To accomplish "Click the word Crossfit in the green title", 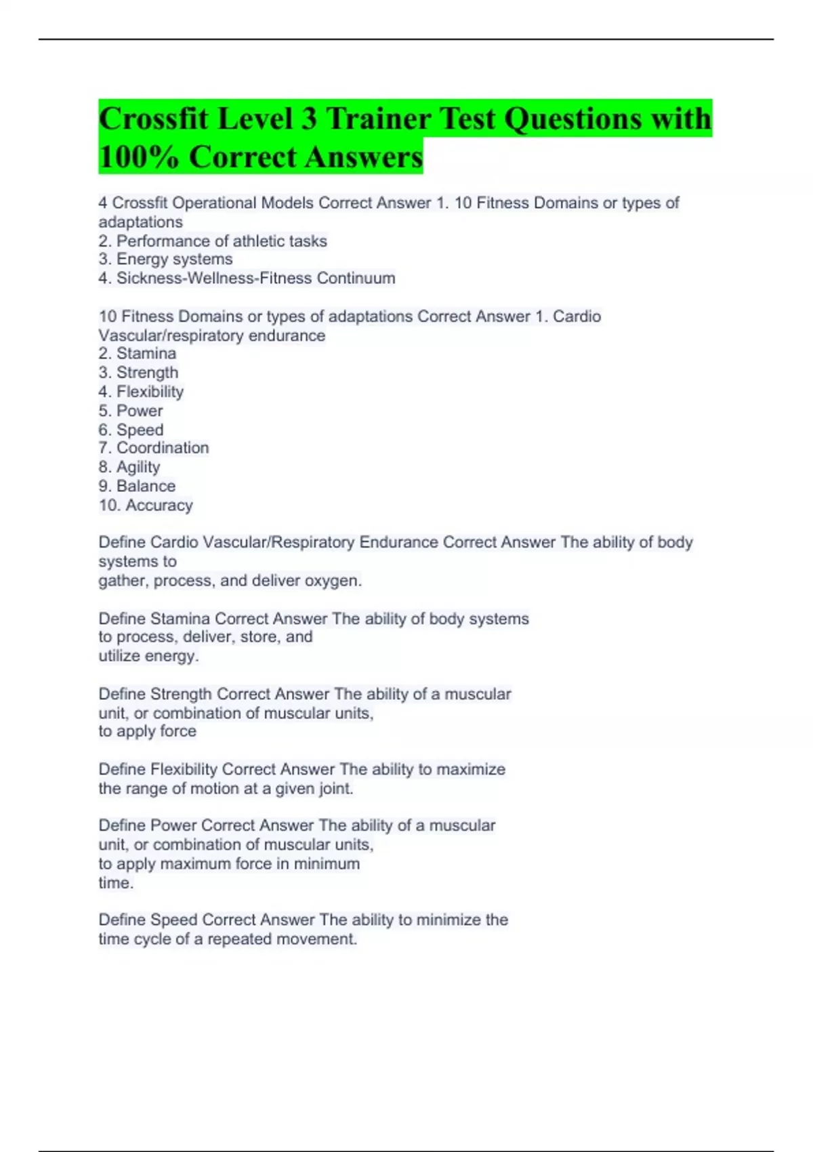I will pos(154,119).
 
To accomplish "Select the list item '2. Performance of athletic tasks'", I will pos(213,241).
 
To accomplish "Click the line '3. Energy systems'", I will pos(165,259).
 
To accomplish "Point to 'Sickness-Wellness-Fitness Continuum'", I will pos(255,278).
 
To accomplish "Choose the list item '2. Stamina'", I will pos(137,353).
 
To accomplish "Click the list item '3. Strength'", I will pos(138,372).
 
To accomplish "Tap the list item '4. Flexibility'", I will pos(141,391).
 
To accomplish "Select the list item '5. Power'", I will pos(131,411).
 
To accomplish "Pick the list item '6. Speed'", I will pos(131,430).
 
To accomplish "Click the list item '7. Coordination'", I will pos(154,448).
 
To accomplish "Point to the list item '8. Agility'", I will pos(129,467).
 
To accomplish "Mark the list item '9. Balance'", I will pos(137,486).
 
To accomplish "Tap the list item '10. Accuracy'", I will pos(146,505).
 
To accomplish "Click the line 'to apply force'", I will pos(147,731).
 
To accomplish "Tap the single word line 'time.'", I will pos(116,883).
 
